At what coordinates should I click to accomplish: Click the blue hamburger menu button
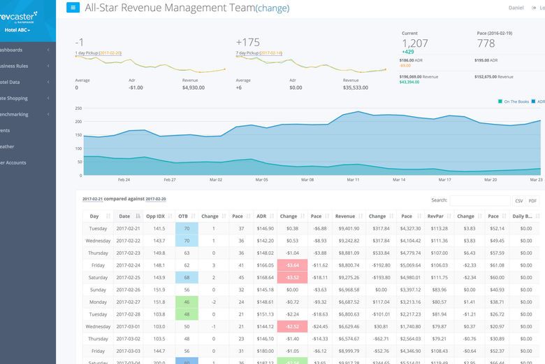[73, 8]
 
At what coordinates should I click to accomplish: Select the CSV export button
[518, 200]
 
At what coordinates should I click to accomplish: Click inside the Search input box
[479, 200]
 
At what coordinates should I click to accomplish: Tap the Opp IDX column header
[155, 216]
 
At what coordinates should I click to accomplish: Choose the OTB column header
[184, 216]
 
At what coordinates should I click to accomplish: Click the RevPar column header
[439, 216]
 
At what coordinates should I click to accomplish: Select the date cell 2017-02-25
[129, 277]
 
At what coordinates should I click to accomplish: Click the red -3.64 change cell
[292, 265]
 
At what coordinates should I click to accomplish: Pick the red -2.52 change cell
[292, 326]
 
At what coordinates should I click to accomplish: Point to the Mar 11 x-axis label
[353, 180]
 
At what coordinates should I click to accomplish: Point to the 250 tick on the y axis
[79, 108]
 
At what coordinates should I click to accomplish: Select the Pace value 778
[485, 43]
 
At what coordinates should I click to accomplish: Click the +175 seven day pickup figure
[247, 42]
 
